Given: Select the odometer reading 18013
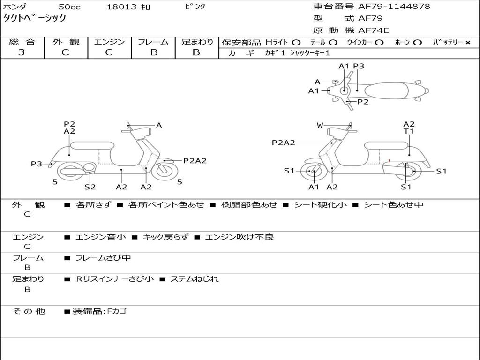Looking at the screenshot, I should pos(121,7).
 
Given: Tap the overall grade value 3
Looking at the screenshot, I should pos(22,52).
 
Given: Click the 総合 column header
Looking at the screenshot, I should pos(22,42).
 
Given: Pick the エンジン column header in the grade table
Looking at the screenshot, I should pos(109,42).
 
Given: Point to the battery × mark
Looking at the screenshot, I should pos(467,42).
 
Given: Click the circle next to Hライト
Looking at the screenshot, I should pos(296,42).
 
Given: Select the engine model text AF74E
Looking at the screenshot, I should pos(374,30).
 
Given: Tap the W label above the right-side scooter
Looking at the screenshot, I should pos(320,125).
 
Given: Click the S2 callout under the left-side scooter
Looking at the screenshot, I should pos(90,187).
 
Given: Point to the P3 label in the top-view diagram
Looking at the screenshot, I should pos(359,66).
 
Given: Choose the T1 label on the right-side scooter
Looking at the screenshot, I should pos(409,131).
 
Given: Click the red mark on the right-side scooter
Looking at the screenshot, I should pos(390,161).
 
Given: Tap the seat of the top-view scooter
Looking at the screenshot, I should pos(387,90).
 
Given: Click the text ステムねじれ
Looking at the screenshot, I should pos(194,279).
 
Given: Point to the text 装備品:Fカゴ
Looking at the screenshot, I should pos(99,311).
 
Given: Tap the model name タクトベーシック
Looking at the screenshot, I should pos(35,18).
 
